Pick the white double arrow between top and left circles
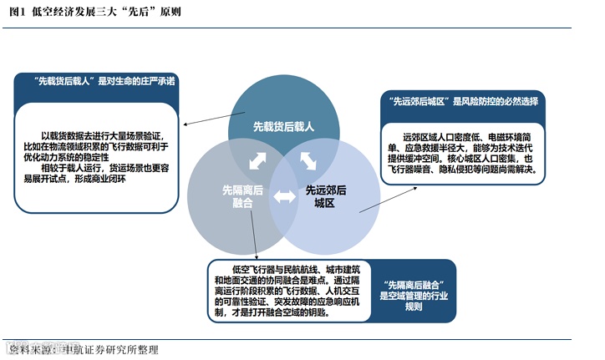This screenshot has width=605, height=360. tap(257, 159)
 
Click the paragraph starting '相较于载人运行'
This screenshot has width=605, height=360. tap(100, 172)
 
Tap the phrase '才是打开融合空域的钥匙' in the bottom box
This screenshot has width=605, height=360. tap(282, 313)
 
